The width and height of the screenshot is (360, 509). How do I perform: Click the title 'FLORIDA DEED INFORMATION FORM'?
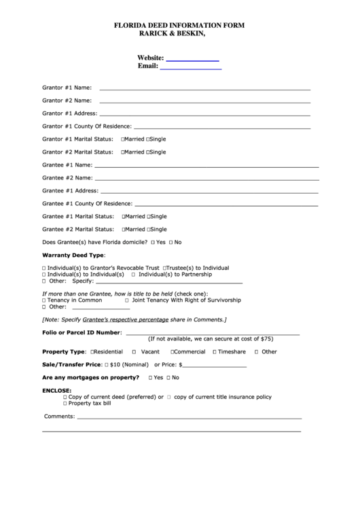click(x=179, y=24)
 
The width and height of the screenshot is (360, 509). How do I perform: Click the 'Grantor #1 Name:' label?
click(x=67, y=88)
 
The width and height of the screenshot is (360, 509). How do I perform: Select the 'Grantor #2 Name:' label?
click(x=67, y=101)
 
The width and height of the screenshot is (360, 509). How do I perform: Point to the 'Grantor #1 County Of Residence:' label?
click(x=87, y=126)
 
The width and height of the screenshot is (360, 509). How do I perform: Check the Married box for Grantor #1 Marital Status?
click(x=123, y=139)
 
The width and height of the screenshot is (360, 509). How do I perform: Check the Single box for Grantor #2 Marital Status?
click(x=148, y=152)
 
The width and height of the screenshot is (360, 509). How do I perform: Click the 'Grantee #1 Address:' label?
click(x=70, y=191)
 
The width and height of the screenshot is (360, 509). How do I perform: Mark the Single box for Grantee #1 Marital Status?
click(x=148, y=217)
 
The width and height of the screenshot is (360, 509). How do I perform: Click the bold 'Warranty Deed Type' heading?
click(x=73, y=255)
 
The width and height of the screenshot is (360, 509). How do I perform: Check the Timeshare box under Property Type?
click(x=215, y=352)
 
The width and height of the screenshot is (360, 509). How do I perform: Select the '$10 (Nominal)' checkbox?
click(x=106, y=365)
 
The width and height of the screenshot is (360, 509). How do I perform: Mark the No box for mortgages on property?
click(x=168, y=377)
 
